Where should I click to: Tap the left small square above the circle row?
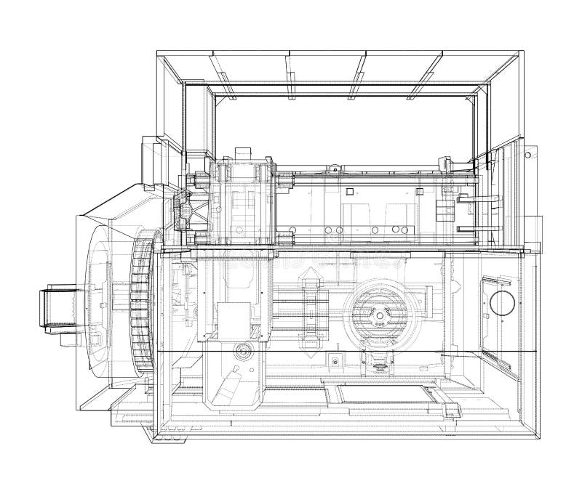pos(350,192)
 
